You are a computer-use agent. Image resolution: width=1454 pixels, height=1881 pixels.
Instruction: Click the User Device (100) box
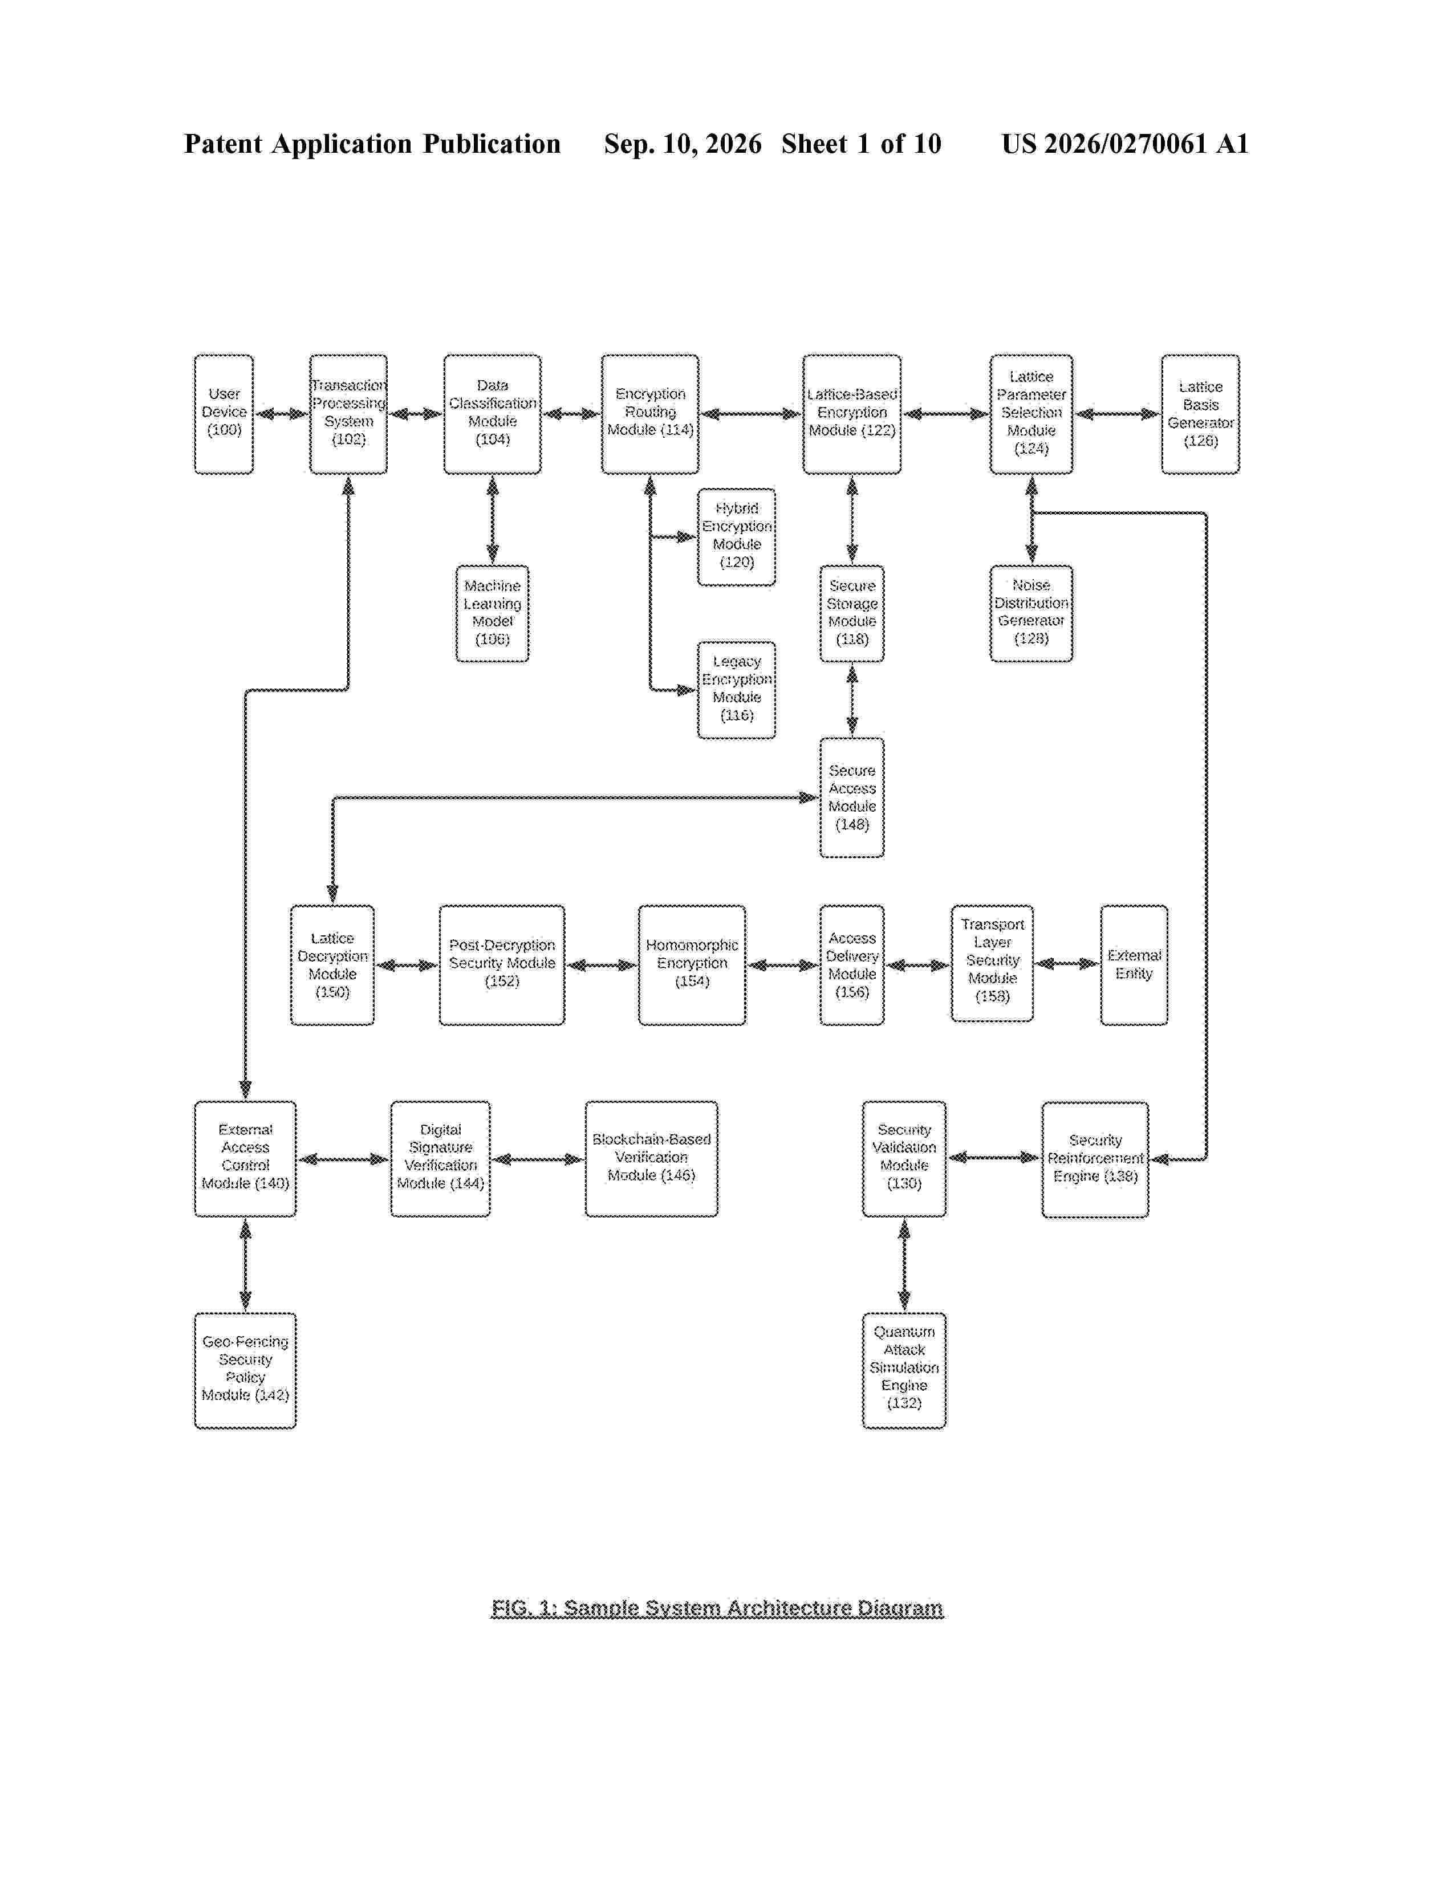(224, 414)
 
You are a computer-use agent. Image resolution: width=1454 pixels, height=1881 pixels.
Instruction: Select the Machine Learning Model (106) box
(492, 613)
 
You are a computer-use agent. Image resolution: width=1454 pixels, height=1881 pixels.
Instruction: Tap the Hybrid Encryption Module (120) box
(737, 536)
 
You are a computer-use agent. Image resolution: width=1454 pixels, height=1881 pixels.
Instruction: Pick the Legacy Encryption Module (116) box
(737, 690)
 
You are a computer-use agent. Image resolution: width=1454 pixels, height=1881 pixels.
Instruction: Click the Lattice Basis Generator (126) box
(1200, 414)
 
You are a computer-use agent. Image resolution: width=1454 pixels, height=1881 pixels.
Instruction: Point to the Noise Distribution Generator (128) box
(1031, 613)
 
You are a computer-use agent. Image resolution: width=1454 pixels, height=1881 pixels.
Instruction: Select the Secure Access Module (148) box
(852, 797)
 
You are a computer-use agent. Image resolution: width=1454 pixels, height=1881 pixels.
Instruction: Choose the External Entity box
(1134, 964)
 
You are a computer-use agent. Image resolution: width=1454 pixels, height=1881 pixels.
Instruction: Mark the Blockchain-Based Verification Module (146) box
(651, 1158)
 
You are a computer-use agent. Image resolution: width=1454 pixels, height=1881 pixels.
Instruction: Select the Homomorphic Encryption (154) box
(692, 964)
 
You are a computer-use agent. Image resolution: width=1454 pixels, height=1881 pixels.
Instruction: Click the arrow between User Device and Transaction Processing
(282, 414)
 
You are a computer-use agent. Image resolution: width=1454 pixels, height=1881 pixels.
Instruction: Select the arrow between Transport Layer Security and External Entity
(1066, 964)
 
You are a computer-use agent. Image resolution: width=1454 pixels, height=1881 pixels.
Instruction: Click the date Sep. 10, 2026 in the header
(682, 144)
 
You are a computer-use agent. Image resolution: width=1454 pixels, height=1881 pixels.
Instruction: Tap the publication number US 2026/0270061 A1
(1124, 144)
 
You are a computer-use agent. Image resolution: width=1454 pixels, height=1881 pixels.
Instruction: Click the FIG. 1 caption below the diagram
(717, 1608)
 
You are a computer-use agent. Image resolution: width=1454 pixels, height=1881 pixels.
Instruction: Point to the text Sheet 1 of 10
(862, 144)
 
